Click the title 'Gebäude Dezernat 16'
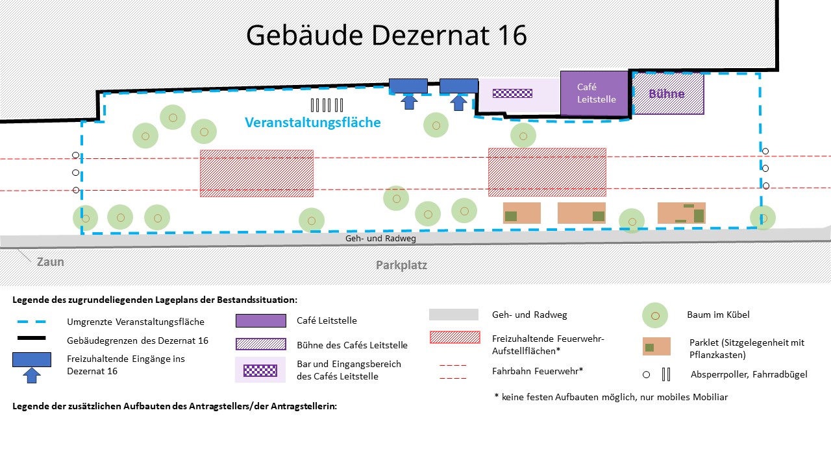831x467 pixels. click(386, 35)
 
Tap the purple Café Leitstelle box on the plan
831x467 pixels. click(594, 93)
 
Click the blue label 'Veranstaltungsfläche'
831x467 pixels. click(312, 122)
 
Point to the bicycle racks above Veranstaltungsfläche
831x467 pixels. click(327, 105)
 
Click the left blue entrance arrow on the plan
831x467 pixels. click(408, 101)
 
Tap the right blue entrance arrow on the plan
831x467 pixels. click(459, 101)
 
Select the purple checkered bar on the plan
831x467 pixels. click(512, 93)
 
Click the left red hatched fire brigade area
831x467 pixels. click(256, 173)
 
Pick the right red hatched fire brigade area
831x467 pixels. click(547, 172)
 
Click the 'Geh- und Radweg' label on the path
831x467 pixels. click(380, 239)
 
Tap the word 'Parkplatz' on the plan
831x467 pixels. click(401, 265)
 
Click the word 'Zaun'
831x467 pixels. click(51, 262)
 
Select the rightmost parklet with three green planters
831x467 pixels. click(681, 213)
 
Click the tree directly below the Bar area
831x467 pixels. click(523, 135)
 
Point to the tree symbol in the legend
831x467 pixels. click(655, 315)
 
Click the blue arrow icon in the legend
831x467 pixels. click(31, 374)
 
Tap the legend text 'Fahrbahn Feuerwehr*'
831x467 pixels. click(538, 371)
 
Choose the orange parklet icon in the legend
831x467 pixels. click(656, 346)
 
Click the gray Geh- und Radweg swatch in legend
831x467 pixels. click(454, 315)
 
